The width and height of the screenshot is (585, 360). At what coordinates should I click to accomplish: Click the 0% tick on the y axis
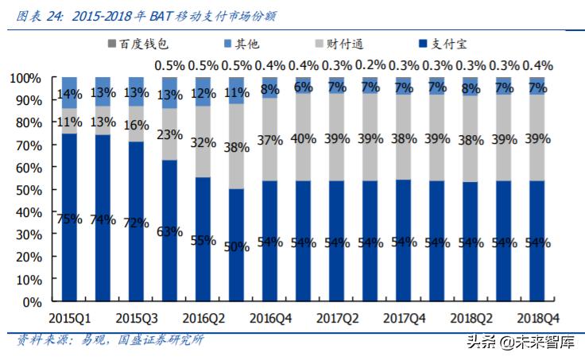[x=33, y=303]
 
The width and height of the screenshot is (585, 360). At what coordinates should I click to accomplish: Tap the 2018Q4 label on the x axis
[x=539, y=318]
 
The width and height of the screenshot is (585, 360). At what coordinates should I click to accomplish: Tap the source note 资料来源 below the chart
[x=110, y=340]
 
